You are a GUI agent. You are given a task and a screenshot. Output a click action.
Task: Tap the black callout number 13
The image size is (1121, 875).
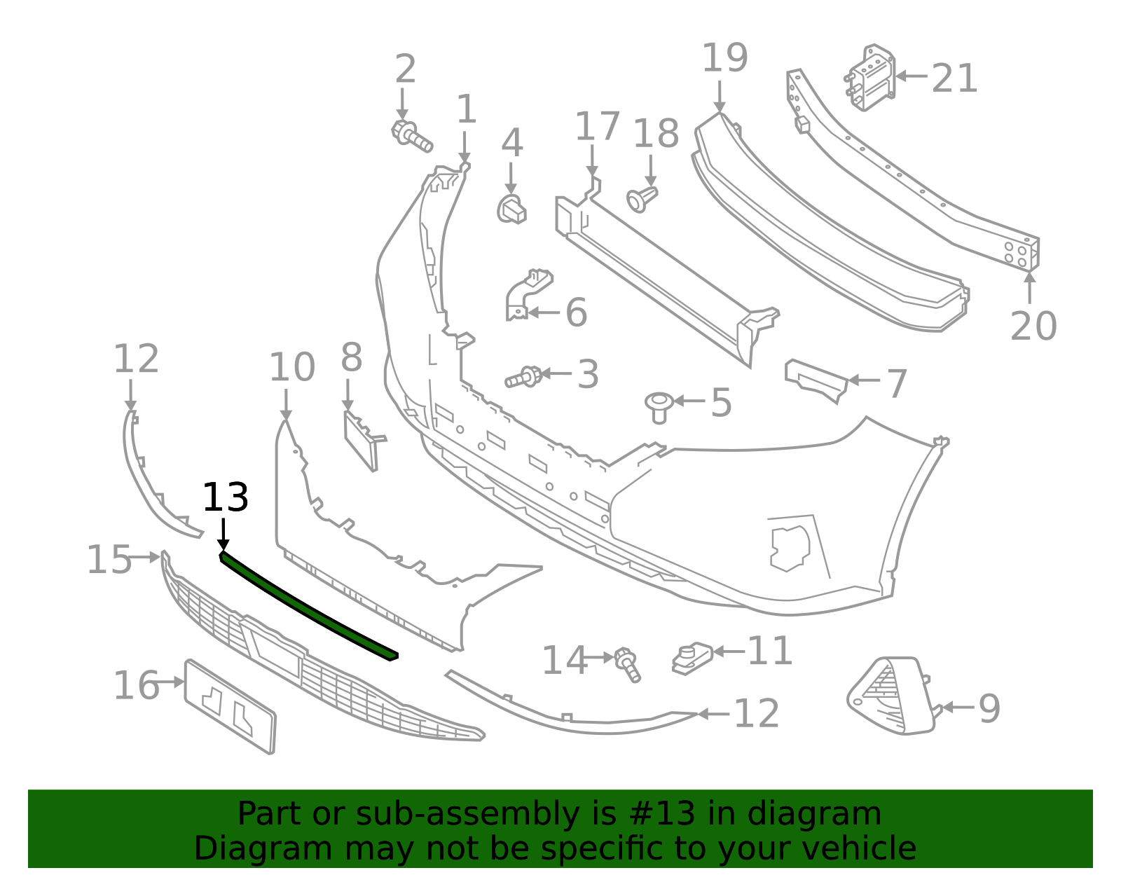click(225, 498)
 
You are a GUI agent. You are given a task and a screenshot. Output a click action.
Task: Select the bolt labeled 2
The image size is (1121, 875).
click(411, 136)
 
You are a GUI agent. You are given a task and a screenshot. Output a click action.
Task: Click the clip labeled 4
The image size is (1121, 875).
click(512, 209)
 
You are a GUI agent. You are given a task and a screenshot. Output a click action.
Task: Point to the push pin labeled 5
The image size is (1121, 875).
click(659, 407)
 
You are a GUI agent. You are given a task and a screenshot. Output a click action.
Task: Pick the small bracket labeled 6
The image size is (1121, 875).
click(526, 294)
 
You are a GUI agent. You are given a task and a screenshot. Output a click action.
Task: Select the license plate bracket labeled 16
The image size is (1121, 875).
click(231, 707)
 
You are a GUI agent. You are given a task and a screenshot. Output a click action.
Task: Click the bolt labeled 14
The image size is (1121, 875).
click(627, 664)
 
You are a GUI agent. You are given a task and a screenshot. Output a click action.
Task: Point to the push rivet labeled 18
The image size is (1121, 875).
click(642, 198)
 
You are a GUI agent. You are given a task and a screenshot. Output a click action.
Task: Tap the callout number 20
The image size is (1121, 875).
click(1033, 326)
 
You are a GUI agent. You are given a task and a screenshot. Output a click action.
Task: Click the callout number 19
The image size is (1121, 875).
click(724, 58)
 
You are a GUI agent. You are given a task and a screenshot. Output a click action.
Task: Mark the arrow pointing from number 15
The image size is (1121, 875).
click(145, 558)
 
